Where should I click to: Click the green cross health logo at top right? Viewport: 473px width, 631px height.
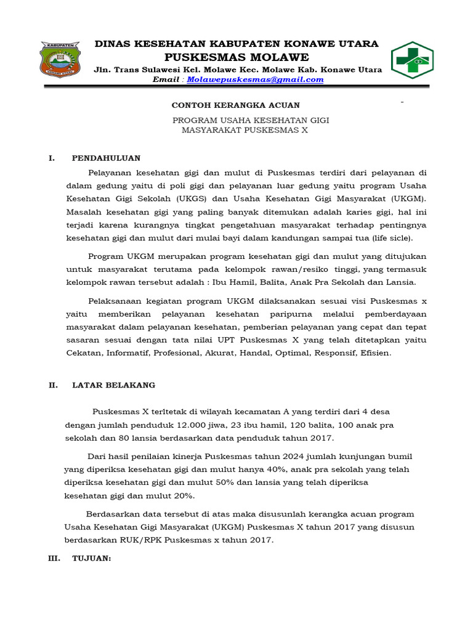(414, 60)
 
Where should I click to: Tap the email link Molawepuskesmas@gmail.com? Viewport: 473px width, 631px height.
(255, 79)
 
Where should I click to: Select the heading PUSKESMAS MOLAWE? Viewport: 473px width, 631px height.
(236, 57)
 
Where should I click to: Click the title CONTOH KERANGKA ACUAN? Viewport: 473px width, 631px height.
(236, 105)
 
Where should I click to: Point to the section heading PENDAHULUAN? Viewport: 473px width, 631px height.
(107, 158)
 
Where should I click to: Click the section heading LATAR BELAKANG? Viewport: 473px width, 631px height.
(114, 385)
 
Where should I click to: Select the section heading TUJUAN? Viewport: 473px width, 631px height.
(91, 558)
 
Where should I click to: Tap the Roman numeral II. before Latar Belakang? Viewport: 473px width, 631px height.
(54, 385)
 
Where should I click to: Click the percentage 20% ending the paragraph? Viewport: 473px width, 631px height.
(184, 496)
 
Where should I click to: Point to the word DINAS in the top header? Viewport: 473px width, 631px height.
(111, 44)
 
